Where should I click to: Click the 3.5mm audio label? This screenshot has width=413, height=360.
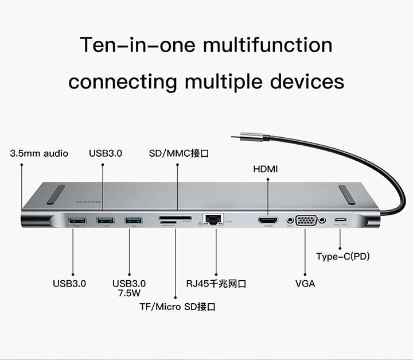39,153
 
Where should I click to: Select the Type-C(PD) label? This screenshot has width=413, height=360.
343,256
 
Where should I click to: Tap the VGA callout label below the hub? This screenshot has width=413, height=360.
305,284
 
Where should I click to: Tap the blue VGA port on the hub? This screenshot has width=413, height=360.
305,220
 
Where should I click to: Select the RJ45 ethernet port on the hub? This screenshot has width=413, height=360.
213,219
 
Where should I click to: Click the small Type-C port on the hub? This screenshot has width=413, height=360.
341,220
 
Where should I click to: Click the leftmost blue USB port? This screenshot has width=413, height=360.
77,220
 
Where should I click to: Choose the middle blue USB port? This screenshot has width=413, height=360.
104,220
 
